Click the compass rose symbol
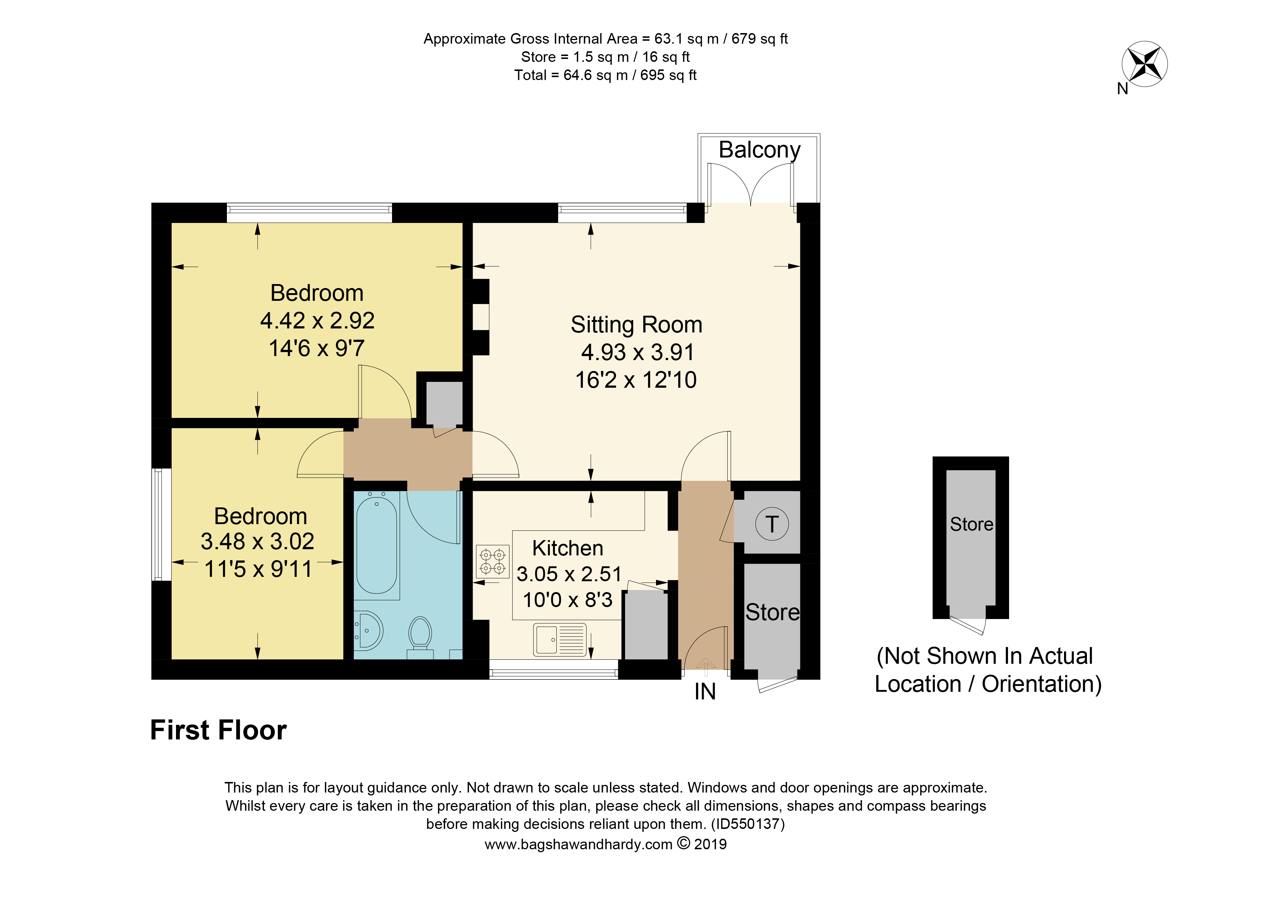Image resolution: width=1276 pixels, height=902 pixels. point(1144,64)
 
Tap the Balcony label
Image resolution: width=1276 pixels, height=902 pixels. point(759,150)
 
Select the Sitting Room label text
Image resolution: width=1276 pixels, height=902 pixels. point(636,324)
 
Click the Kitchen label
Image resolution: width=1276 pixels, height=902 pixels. point(567,548)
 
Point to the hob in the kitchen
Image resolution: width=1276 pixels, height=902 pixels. point(492,561)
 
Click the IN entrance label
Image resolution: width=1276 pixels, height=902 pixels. point(705,692)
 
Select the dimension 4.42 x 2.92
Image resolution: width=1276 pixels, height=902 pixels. point(317,321)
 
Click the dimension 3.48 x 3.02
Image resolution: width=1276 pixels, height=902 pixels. point(257,541)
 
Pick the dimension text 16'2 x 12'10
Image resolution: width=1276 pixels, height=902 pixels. point(636,380)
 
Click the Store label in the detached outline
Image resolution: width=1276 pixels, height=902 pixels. point(971,524)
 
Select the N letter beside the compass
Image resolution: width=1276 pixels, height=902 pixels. point(1123,89)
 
